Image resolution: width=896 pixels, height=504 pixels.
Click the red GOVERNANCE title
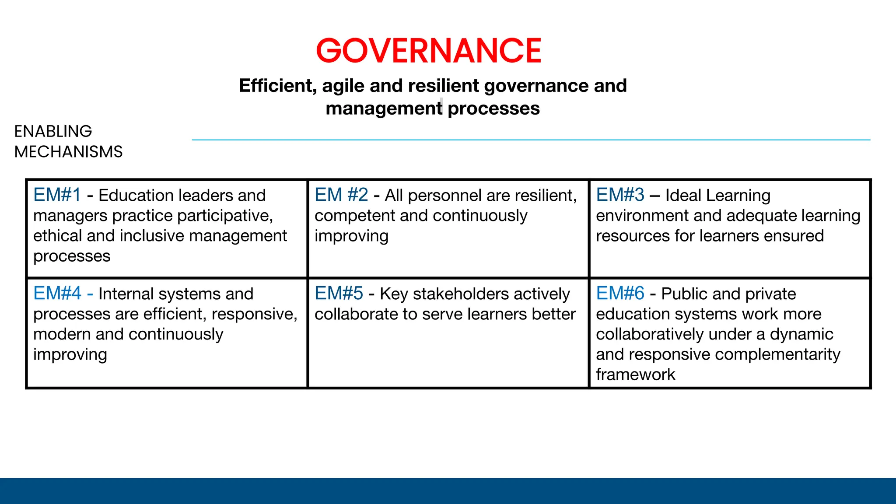[x=429, y=51]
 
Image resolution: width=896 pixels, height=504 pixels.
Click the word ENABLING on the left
[x=53, y=131]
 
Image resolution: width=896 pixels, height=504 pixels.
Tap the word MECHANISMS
[x=68, y=152]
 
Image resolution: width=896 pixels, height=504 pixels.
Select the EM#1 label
[x=57, y=195]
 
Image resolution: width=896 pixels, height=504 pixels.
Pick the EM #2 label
[x=341, y=195]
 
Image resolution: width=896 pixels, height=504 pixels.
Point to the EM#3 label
[x=620, y=195]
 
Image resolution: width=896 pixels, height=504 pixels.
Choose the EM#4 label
[x=57, y=293]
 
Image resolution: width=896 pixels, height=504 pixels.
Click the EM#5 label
[x=339, y=293]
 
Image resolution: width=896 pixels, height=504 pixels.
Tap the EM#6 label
[x=620, y=293]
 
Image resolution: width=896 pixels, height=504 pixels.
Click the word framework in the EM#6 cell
[x=635, y=374]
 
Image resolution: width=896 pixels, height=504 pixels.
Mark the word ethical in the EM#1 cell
[x=57, y=236]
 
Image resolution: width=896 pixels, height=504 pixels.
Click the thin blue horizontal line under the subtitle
[x=531, y=140]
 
